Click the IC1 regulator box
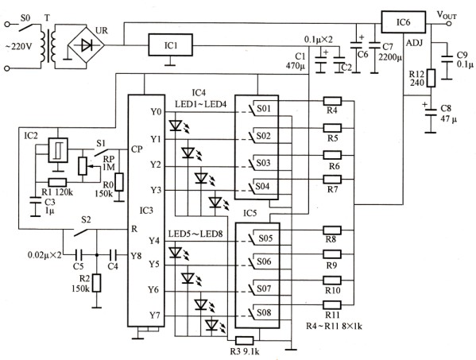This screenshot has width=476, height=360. pyautogui.click(x=170, y=45)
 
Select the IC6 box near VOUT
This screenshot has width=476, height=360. pyautogui.click(x=404, y=22)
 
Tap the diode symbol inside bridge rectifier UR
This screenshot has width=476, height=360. pyautogui.click(x=87, y=46)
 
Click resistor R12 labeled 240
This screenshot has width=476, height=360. pyautogui.click(x=431, y=78)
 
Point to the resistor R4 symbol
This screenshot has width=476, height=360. pyautogui.click(x=332, y=101)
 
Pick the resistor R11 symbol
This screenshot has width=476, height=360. pyautogui.click(x=332, y=304)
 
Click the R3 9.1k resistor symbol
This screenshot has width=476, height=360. pyautogui.click(x=245, y=341)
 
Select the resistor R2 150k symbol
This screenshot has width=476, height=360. pyautogui.click(x=96, y=283)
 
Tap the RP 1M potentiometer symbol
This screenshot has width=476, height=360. pyautogui.click(x=83, y=166)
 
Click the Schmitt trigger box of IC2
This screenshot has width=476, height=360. pyautogui.click(x=58, y=150)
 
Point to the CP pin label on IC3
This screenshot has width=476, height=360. pyautogui.click(x=137, y=149)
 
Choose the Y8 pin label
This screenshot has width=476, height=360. pyautogui.click(x=136, y=256)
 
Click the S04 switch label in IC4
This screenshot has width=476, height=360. pyautogui.click(x=262, y=186)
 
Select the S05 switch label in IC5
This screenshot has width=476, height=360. pyautogui.click(x=265, y=238)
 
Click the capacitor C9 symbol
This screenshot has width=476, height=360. pyautogui.click(x=447, y=60)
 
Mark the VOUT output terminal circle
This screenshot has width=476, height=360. pyautogui.click(x=449, y=24)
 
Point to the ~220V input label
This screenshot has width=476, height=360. pyautogui.click(x=18, y=47)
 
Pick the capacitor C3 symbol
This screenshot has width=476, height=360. pyautogui.click(x=36, y=200)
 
